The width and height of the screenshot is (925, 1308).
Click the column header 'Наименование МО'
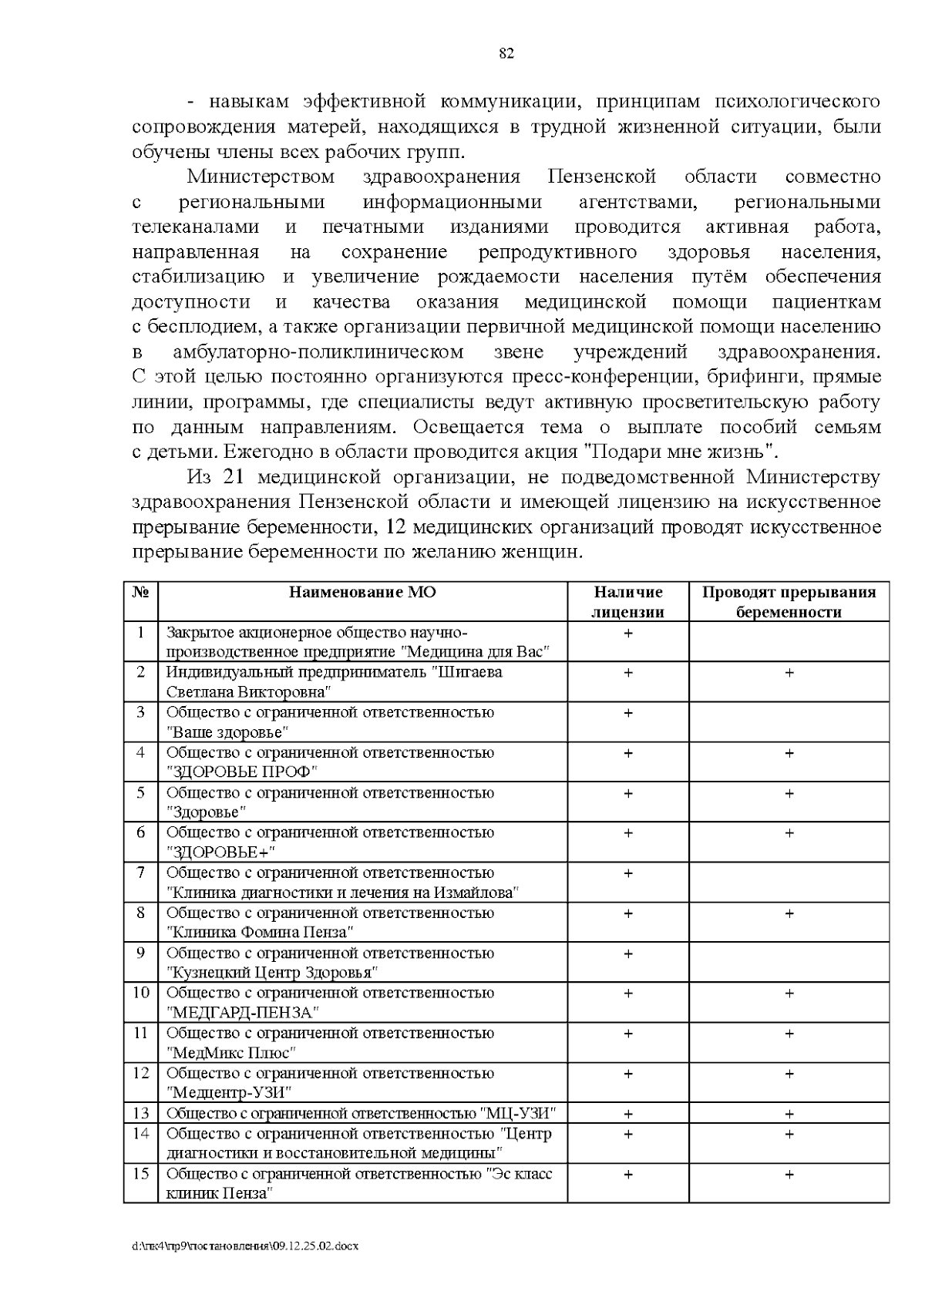click(362, 592)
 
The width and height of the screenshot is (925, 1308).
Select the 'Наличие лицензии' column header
click(627, 602)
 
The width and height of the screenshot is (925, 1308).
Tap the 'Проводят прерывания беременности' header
click(789, 602)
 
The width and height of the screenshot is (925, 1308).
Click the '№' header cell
click(140, 592)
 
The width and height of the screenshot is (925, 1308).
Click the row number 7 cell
click(140, 873)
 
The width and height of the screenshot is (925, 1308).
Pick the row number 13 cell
click(140, 1113)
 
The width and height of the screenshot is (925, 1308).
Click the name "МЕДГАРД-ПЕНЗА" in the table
click(243, 1012)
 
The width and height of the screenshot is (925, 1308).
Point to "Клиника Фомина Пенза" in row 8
click(261, 932)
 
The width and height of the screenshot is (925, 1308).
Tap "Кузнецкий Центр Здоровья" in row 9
click(274, 972)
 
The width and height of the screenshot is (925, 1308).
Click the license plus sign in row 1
click(627, 633)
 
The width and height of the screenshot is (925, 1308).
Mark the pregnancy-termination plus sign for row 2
click(789, 673)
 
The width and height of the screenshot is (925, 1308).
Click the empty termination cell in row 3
click(789, 722)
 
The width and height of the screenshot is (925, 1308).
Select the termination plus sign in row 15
click(789, 1175)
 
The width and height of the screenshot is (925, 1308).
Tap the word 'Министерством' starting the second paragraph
click(261, 177)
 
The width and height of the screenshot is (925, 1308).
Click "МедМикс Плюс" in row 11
click(231, 1052)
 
